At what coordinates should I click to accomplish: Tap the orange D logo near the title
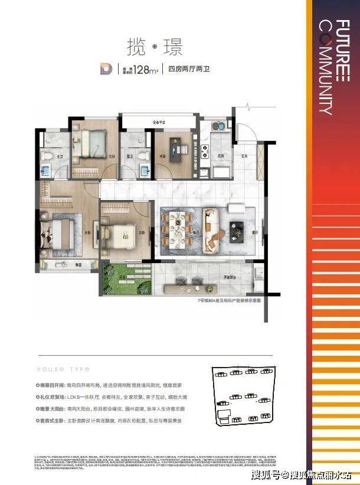[108, 68]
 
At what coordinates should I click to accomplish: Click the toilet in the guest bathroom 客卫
[144, 171]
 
